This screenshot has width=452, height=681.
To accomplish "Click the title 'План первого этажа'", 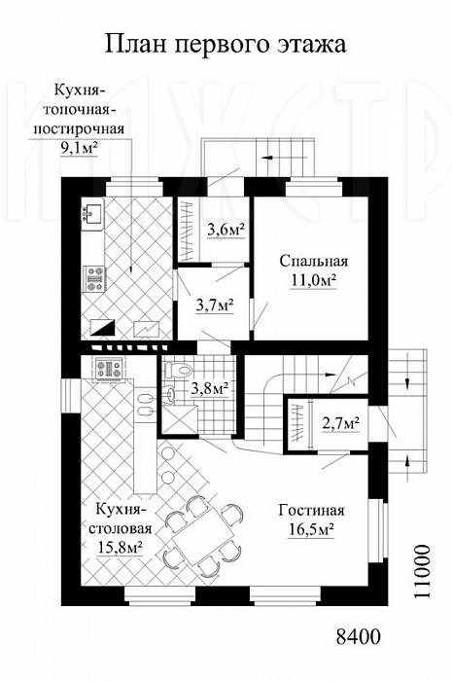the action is [226, 45].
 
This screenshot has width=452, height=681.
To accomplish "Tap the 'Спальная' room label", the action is [314, 262].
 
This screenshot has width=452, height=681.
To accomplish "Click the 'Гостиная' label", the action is [311, 510].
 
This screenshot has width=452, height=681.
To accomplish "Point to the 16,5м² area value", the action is [311, 529].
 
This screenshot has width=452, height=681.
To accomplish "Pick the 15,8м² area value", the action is [121, 548].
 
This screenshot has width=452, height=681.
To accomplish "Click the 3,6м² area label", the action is [226, 231].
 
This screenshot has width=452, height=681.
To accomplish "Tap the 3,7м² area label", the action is [215, 305].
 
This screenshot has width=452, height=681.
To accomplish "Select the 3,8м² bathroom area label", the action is [210, 388].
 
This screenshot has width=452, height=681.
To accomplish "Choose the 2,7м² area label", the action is [340, 421].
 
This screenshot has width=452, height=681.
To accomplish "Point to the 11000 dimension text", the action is [421, 572].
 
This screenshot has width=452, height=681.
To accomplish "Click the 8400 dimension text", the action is [358, 636].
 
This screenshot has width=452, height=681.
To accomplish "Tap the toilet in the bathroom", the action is [177, 370].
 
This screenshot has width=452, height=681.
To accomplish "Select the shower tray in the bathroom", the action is [180, 419].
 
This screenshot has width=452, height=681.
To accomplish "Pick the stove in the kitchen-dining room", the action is [109, 369].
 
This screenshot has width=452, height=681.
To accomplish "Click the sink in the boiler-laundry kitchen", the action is [92, 214].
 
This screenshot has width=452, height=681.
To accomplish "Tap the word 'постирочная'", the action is [80, 129].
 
